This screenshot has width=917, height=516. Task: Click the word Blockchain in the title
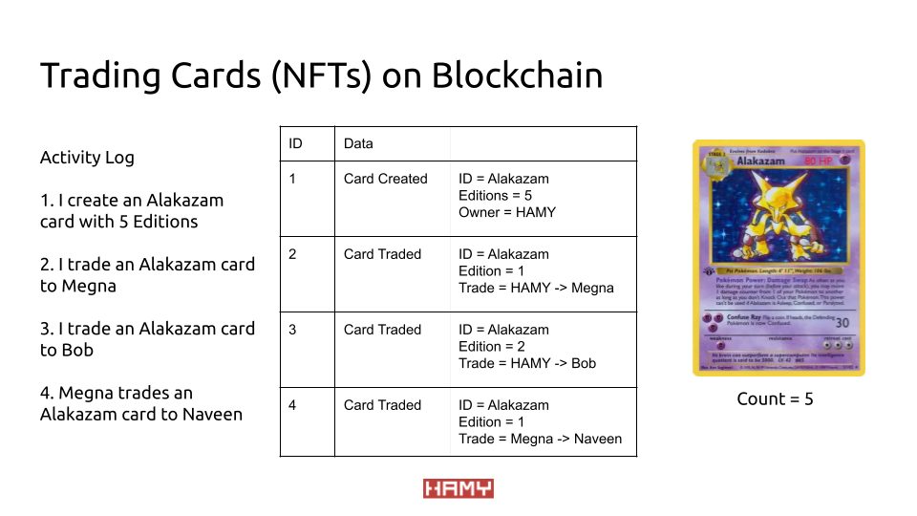[x=517, y=75]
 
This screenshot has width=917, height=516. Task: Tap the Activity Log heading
[x=87, y=158]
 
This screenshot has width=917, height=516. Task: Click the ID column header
[x=295, y=143]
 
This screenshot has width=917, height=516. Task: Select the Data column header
[x=358, y=143]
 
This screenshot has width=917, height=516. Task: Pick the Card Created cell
[x=386, y=179]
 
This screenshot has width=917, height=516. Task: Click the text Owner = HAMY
[x=507, y=212]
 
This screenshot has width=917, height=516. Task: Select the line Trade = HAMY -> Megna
[x=536, y=288]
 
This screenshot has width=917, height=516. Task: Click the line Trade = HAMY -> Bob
[x=527, y=363]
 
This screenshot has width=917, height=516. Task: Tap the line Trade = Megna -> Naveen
[x=540, y=439]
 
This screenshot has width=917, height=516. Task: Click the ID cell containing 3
[x=293, y=330]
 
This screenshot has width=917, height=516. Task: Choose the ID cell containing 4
[x=293, y=405]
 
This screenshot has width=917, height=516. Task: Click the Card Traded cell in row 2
[x=382, y=254]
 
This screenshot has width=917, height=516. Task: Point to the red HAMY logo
[x=458, y=489]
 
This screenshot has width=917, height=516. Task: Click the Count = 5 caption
[x=775, y=399]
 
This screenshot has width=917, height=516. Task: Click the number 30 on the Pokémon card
[x=841, y=323]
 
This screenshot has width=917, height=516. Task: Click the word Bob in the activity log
[x=76, y=350]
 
